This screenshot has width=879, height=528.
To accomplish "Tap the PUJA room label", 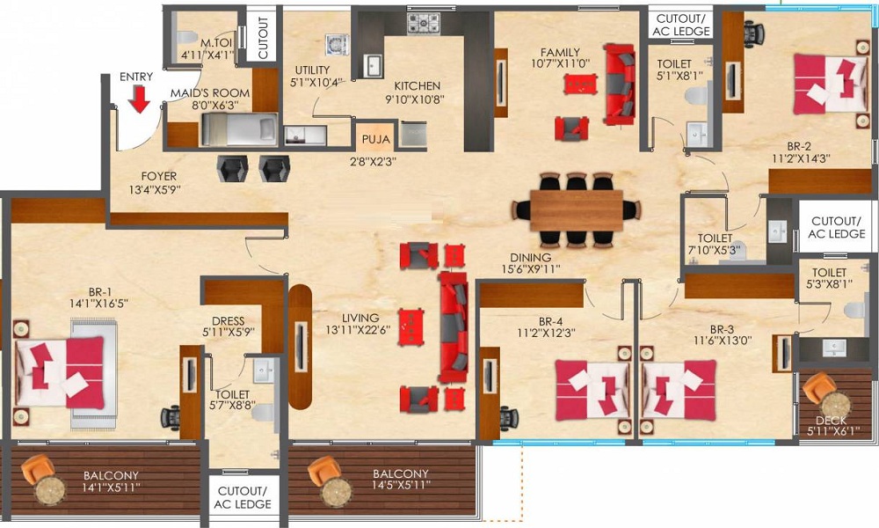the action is [375, 139].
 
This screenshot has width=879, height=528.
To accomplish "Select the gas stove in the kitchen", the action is [424, 23].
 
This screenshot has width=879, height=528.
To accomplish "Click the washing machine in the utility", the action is [337, 45].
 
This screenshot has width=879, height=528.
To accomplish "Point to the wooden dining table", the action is [577, 209].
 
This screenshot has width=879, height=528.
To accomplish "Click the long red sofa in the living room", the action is [454, 326].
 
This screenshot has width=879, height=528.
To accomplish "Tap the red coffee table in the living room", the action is [410, 326].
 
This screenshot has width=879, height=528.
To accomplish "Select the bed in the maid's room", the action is [239, 129].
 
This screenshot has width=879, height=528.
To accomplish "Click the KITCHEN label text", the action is [417, 86].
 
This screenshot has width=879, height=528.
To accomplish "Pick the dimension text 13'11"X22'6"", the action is [359, 331].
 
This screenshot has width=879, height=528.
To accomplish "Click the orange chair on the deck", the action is [818, 386].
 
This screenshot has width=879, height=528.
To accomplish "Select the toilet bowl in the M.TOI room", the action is [185, 38].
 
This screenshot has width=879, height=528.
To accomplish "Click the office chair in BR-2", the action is [754, 30].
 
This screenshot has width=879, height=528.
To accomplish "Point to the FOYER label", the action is [158, 176].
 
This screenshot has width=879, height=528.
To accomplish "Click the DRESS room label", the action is [229, 321].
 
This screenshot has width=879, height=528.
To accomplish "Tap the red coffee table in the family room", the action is [580, 84].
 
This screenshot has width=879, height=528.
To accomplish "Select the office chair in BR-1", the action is [171, 418].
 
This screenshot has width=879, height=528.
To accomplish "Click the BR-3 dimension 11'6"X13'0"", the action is [723, 340].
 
